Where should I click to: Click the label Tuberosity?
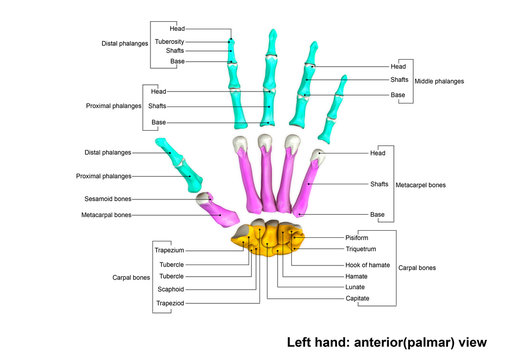tap(168, 41)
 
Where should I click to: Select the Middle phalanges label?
tap(441, 80)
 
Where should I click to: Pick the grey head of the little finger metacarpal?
tap(317, 156)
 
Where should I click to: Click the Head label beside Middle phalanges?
tap(398, 65)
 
